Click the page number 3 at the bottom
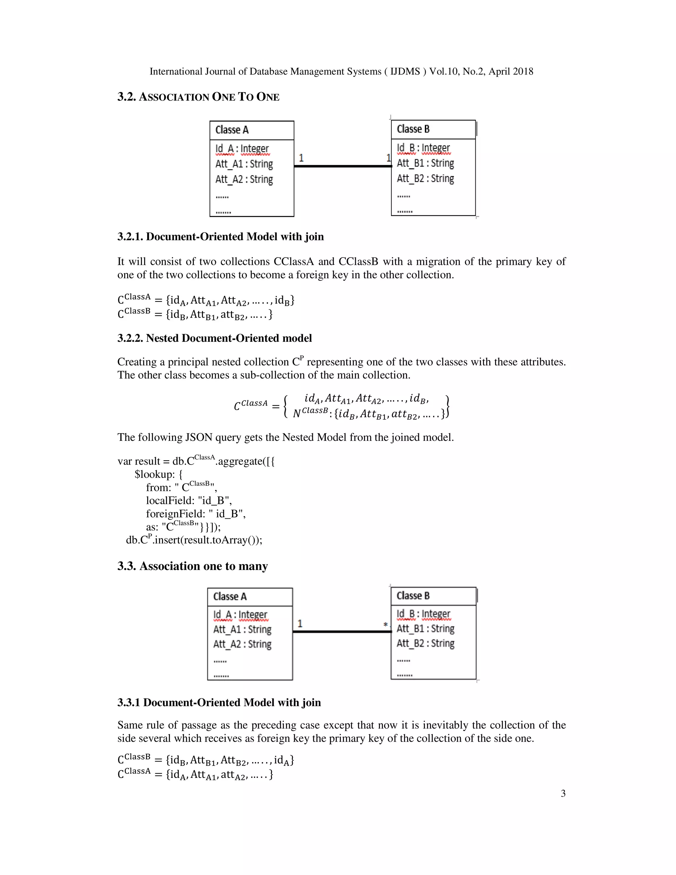[x=563, y=793]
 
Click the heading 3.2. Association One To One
[x=198, y=97]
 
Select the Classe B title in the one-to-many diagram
[x=413, y=596]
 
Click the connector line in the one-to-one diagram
[x=342, y=166]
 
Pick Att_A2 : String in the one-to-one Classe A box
[x=244, y=179]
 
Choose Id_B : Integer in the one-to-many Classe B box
[x=423, y=614]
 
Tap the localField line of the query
[x=188, y=500]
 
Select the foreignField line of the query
[x=195, y=514]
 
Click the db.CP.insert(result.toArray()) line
[x=194, y=540]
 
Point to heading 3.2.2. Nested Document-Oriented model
[x=214, y=338]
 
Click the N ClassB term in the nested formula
[x=310, y=412]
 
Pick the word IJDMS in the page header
[x=405, y=71]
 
